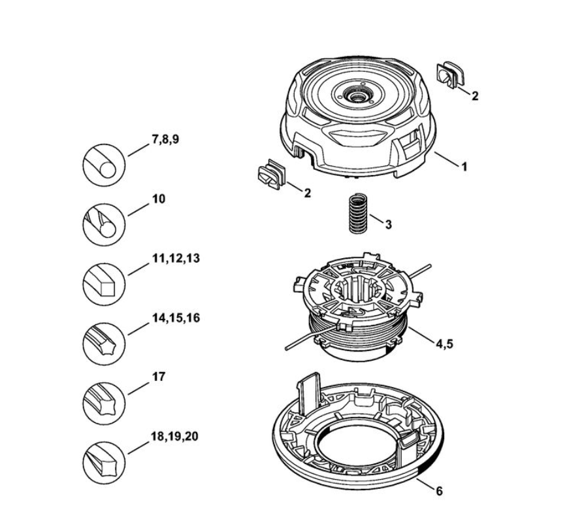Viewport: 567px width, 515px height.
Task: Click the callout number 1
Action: click(x=464, y=167)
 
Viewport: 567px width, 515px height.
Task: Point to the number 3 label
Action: click(x=388, y=224)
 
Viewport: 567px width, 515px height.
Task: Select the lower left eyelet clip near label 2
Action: click(x=270, y=174)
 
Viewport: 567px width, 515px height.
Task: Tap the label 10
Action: click(x=159, y=199)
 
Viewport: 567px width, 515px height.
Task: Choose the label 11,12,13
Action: click(x=175, y=258)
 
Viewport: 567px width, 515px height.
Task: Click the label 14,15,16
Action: click(x=175, y=318)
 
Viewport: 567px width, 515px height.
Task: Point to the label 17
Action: click(x=159, y=376)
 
